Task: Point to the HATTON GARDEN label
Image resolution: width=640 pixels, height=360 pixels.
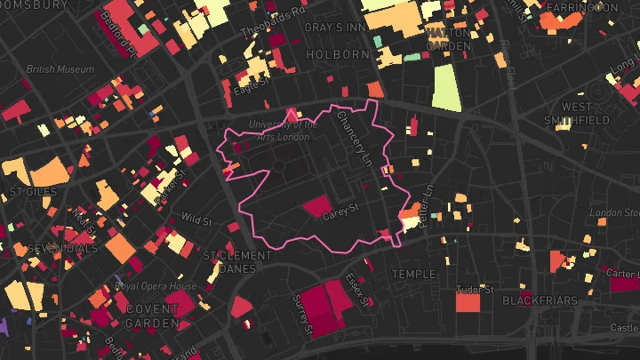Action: [447, 39]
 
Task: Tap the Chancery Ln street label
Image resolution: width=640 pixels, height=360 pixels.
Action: [353, 143]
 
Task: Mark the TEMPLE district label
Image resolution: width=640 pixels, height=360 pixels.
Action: [414, 275]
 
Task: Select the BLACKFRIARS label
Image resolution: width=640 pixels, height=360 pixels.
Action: [540, 301]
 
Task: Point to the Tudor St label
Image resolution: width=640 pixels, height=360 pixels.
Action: [474, 290]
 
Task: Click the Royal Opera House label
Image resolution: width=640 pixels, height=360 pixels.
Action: [156, 287]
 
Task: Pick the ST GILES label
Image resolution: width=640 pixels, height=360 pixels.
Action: [32, 191]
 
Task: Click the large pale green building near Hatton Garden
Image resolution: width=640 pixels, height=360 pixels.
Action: [447, 87]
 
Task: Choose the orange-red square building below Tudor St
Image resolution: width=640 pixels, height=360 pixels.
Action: [468, 302]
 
